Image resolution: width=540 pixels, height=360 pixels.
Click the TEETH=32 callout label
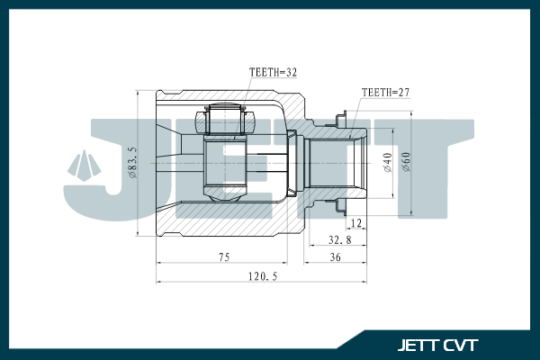pyautogui.click(x=273, y=72)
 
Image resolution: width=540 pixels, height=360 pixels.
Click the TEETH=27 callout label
pyautogui.click(x=384, y=92)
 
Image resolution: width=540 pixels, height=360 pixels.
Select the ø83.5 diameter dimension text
pyautogui.click(x=133, y=163)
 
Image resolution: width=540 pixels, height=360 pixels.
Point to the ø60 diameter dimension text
pyautogui.click(x=406, y=163)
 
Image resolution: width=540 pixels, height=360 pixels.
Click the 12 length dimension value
pyautogui.click(x=356, y=222)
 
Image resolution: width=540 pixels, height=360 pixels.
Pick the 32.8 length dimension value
pyautogui.click(x=338, y=240)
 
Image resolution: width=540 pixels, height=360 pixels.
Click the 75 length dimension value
pyautogui.click(x=222, y=257)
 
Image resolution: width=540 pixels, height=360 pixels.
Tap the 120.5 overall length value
pyautogui.click(x=261, y=277)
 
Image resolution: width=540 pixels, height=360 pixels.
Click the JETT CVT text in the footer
pyautogui.click(x=438, y=344)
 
